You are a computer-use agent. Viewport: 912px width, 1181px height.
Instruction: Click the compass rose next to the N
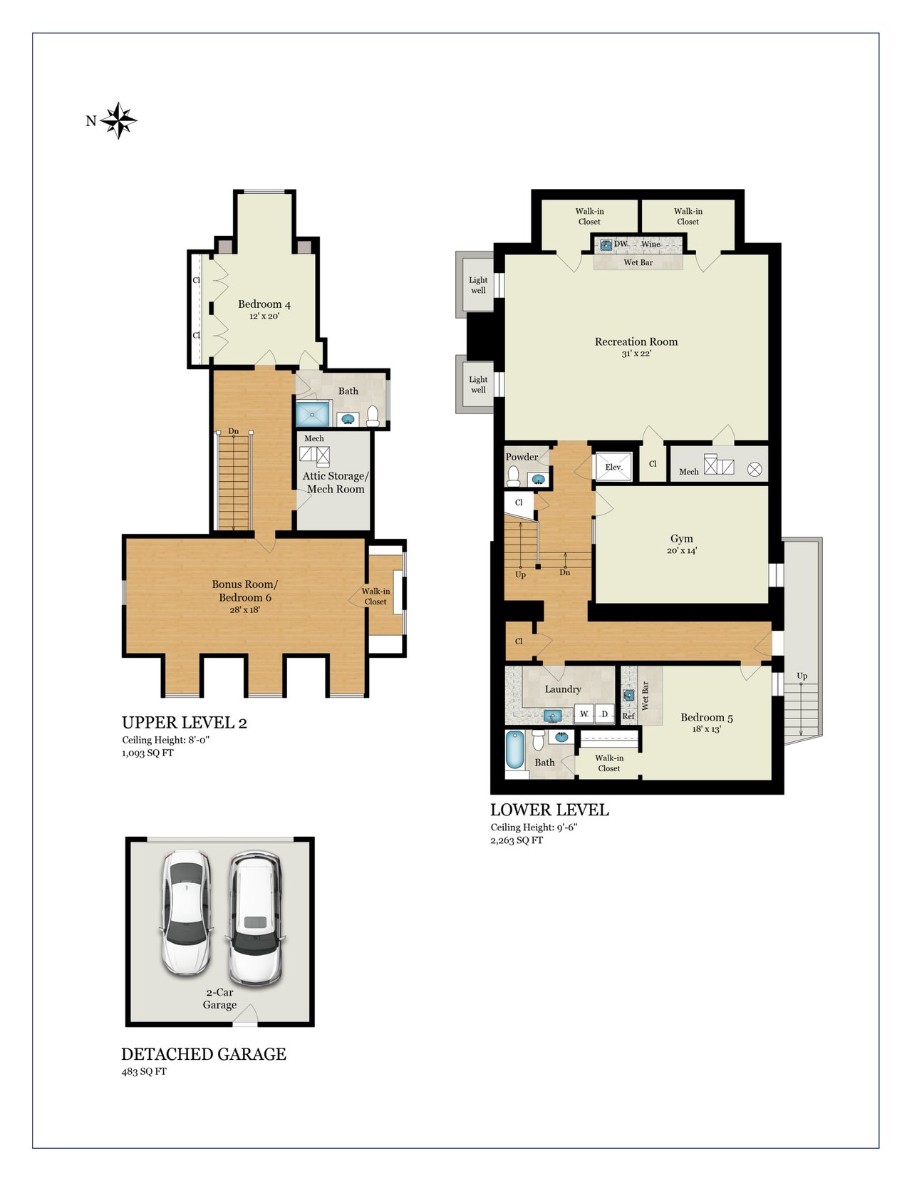tap(118, 120)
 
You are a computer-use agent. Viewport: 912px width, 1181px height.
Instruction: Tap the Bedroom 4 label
tap(264, 304)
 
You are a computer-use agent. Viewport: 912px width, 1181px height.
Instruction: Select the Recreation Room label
tap(636, 342)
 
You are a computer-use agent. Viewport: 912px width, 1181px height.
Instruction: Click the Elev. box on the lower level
tap(613, 466)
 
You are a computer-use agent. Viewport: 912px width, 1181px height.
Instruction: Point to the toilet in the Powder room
tap(513, 475)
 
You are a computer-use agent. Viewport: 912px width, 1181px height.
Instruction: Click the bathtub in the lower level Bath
tap(515, 750)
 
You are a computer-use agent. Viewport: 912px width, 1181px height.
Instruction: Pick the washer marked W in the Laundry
tap(584, 713)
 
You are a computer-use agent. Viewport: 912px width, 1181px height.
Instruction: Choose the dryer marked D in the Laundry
tap(604, 713)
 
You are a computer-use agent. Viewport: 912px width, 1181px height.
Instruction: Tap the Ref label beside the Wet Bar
tap(628, 716)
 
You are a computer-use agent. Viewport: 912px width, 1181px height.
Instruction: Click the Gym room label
tap(681, 538)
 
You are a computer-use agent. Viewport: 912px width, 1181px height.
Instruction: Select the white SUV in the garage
tap(255, 919)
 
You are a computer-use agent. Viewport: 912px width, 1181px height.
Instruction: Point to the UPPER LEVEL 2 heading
tap(184, 722)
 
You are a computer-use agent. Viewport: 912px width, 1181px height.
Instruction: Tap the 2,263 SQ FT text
tap(517, 840)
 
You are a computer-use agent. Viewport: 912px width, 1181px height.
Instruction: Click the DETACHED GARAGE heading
tap(204, 1054)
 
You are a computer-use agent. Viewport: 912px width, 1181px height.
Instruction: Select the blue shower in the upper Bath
tap(312, 414)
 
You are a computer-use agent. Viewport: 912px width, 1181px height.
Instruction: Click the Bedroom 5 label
tap(707, 718)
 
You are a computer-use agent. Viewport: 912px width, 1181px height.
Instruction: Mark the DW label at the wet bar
tap(621, 244)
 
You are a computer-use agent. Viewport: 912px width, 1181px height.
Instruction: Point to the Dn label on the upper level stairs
tap(233, 431)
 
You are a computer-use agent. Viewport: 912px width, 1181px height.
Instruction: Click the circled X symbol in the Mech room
tap(755, 470)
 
